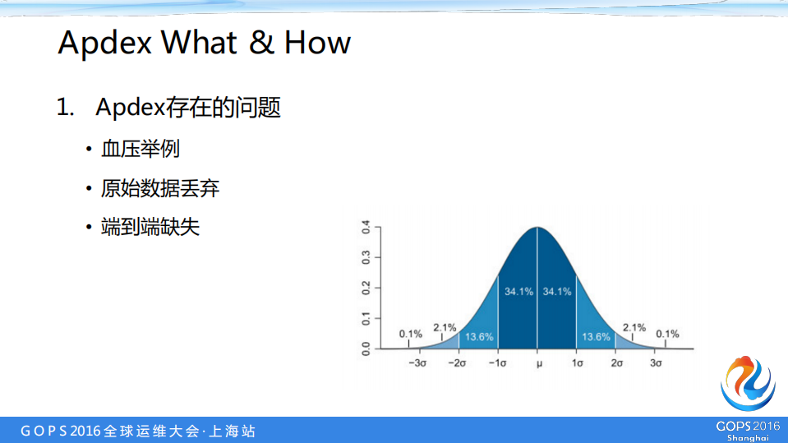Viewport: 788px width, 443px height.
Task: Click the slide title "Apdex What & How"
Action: coord(205,43)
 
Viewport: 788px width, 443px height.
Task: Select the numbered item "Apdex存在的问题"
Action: coord(188,107)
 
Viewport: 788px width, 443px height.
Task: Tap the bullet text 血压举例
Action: coord(140,149)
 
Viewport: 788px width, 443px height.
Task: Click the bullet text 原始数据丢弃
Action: coord(160,188)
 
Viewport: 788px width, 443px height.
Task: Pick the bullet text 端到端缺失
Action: coord(150,228)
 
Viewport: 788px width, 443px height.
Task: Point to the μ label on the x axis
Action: coord(538,362)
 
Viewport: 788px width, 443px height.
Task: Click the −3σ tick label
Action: coord(418,362)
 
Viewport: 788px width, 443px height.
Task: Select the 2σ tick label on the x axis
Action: coord(617,362)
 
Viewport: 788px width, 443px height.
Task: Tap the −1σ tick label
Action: coord(498,362)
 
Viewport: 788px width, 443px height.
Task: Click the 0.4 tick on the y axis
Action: coord(366,227)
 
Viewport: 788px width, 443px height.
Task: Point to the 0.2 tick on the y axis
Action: coord(366,288)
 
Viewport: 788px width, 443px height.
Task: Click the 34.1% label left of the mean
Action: coord(518,292)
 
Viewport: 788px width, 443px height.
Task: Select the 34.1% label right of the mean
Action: coord(557,292)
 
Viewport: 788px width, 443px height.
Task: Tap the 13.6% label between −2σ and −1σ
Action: coord(479,337)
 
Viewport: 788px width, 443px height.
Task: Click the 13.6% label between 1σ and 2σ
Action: coord(597,337)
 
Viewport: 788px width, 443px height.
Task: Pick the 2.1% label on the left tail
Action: coord(445,327)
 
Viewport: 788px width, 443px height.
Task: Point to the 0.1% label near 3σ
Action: coord(667,334)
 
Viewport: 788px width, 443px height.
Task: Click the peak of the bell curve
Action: coord(537,228)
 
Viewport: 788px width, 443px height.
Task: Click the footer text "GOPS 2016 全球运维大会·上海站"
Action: coord(138,431)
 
